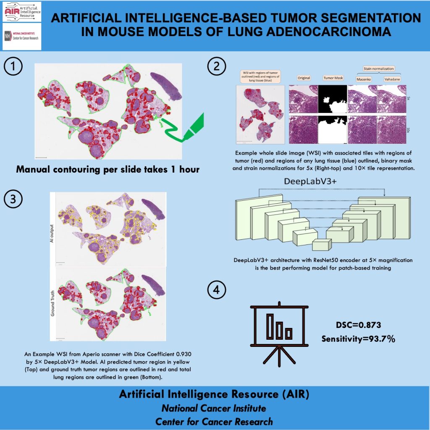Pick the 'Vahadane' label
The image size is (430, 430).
coord(391,79)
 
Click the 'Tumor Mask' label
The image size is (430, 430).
coord(333,78)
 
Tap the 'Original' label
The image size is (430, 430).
coord(304,78)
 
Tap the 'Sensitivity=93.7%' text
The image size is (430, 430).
coord(358,339)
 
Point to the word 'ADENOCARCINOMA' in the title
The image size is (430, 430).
coord(323,32)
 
